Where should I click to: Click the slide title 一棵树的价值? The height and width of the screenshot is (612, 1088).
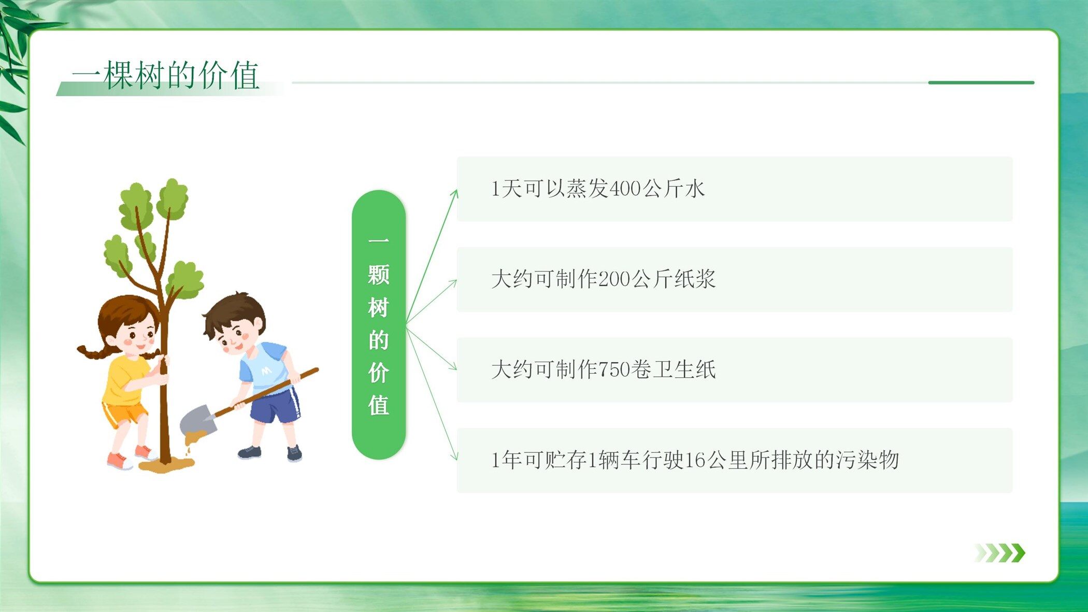pos(166,75)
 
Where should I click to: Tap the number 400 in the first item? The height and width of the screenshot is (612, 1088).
pos(625,189)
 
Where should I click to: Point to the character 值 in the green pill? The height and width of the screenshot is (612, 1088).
pos(379,405)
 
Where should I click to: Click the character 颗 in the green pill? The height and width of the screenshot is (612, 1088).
pos(379,275)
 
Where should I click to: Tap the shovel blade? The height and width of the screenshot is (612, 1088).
pos(197,421)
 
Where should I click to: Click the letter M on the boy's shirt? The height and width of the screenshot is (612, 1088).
pos(266,371)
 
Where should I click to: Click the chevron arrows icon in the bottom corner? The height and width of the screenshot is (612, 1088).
pos(999,553)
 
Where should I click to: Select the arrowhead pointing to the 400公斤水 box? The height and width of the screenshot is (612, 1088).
pos(454,194)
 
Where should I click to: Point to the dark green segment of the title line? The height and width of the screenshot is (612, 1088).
pos(981,82)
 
